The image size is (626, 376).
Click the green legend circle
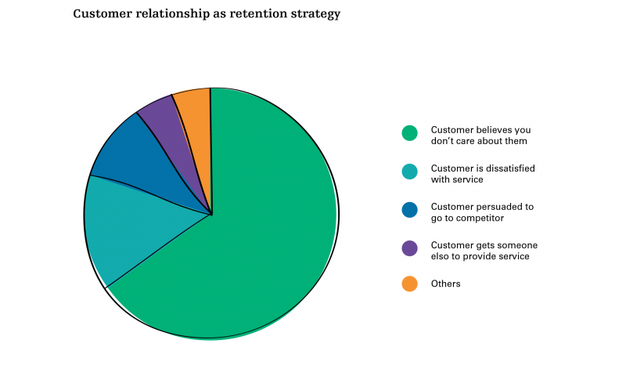[409, 133]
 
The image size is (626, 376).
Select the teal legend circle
[409, 172]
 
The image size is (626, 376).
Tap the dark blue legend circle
[409, 210]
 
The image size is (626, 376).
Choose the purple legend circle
[409, 248]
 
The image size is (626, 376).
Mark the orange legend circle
[409, 284]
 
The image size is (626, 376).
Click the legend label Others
[445, 284]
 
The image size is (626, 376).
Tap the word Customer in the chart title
[103, 13]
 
